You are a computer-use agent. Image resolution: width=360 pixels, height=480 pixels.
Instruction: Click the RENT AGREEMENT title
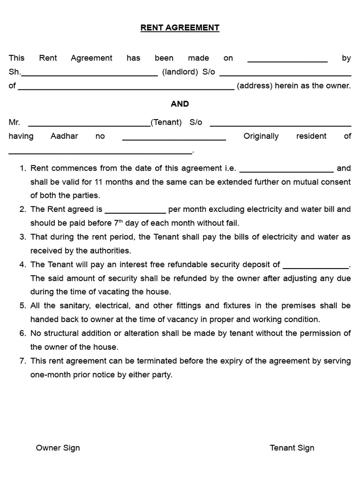(180, 28)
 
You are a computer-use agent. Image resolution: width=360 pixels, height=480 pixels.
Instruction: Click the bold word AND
(180, 104)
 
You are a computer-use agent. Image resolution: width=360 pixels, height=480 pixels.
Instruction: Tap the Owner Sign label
(58, 448)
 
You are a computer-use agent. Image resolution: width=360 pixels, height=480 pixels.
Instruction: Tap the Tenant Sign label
(292, 448)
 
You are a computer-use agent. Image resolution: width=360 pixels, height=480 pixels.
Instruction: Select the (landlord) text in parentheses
(180, 72)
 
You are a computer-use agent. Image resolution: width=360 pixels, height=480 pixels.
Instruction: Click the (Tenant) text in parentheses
(166, 122)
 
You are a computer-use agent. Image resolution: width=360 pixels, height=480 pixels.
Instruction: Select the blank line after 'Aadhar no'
(174, 139)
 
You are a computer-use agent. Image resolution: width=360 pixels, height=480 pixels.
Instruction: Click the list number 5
(22, 306)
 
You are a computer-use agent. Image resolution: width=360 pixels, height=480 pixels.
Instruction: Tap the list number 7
(22, 361)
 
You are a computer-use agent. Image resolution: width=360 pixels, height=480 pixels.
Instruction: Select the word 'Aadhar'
(64, 136)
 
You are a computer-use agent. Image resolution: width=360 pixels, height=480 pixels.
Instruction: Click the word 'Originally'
(261, 136)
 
